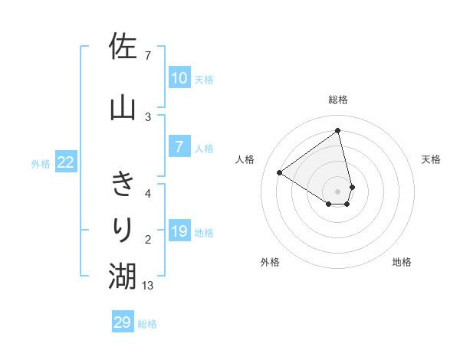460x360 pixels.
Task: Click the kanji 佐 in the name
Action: [x=123, y=47]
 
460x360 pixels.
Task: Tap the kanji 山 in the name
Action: [x=123, y=106]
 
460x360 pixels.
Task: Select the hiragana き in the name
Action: [x=123, y=185]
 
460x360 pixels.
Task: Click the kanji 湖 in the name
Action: [x=123, y=276]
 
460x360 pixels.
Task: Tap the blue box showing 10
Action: [x=179, y=78]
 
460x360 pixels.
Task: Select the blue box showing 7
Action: [x=179, y=147]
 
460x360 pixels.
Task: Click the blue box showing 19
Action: [x=179, y=231]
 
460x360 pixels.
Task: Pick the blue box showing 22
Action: [x=65, y=162]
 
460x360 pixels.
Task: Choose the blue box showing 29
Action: [x=123, y=322]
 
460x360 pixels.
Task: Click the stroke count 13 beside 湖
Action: [x=148, y=286]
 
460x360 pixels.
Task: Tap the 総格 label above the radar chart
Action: [x=338, y=100]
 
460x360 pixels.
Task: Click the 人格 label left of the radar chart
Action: [x=245, y=159]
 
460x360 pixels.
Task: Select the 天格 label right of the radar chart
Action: [x=431, y=159]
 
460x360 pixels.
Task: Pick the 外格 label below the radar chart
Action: [x=270, y=262]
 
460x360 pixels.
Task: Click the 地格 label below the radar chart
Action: [x=402, y=262]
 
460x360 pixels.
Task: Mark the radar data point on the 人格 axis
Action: [x=280, y=172]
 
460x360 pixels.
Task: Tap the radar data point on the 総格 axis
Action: [x=338, y=131]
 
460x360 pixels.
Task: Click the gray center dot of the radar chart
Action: [x=338, y=191]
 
